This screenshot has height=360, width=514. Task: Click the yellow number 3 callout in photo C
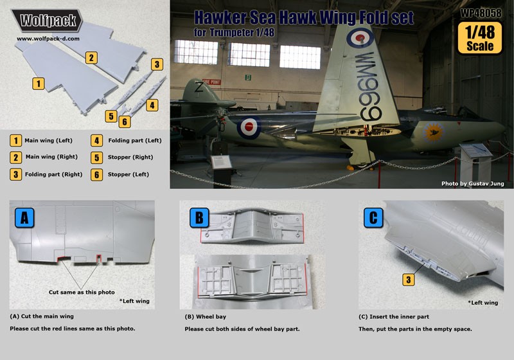[x=407, y=279]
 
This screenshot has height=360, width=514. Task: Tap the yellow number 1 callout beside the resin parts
[x=39, y=83]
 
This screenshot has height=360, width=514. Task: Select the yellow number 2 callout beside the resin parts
[x=93, y=58]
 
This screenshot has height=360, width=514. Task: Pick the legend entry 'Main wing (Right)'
[x=48, y=157]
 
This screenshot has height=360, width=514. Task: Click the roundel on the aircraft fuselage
[x=249, y=127]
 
